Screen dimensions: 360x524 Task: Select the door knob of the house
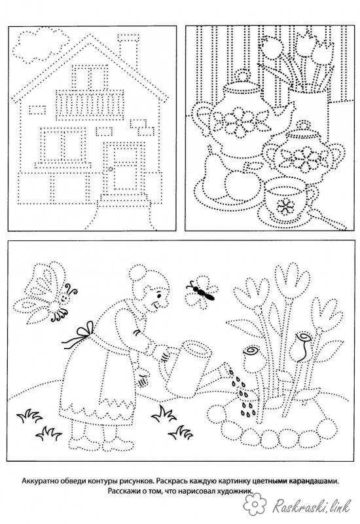coord(110,170)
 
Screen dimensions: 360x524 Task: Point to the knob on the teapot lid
coord(242,75)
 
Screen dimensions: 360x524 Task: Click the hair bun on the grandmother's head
coord(137,273)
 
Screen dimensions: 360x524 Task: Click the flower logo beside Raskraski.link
coord(255,504)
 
